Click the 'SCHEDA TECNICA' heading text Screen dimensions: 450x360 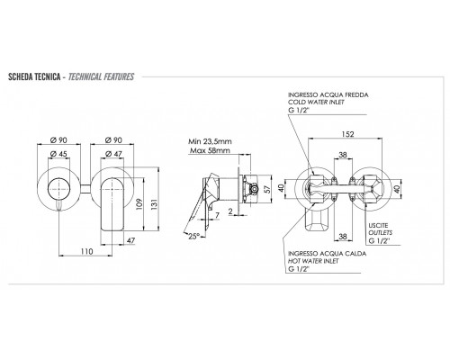tap(34, 76)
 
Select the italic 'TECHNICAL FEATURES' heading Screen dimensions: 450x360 tap(101, 76)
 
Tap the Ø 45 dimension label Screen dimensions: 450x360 tap(58, 154)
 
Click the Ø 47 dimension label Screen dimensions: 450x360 tap(113, 154)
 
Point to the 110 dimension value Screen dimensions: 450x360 tap(86, 251)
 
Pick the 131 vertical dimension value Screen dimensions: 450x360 tap(154, 204)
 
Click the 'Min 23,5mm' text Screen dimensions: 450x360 tap(210, 141)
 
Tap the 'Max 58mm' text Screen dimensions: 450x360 tap(210, 150)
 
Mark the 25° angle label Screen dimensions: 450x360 tap(193, 236)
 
